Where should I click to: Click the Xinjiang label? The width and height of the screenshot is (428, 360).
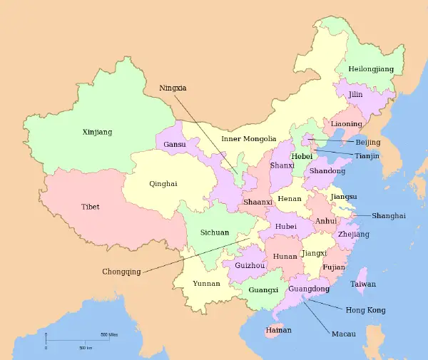pos(97,132)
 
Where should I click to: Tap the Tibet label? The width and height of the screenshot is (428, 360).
pos(91,207)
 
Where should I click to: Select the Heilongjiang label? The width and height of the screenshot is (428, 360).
pos(370,69)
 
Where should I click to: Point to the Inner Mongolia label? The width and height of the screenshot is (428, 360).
pos(248,139)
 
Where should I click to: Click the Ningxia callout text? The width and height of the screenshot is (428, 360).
pos(172,88)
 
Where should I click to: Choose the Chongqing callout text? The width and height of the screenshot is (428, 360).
pos(121,272)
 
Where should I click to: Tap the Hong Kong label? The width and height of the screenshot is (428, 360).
pos(365,310)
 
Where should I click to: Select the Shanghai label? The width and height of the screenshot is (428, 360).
pos(389,216)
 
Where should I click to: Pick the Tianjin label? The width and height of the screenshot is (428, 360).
pos(367,156)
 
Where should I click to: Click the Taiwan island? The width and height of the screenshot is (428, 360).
pos(362,280)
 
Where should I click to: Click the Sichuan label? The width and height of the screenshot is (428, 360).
pos(215,232)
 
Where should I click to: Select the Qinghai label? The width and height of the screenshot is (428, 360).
pos(163,183)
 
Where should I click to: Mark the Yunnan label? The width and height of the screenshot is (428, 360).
pos(206,283)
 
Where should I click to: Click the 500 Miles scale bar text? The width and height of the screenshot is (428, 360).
pos(108,334)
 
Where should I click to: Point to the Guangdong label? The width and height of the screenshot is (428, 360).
pos(310,289)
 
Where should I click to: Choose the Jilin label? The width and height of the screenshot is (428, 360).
pos(356,94)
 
